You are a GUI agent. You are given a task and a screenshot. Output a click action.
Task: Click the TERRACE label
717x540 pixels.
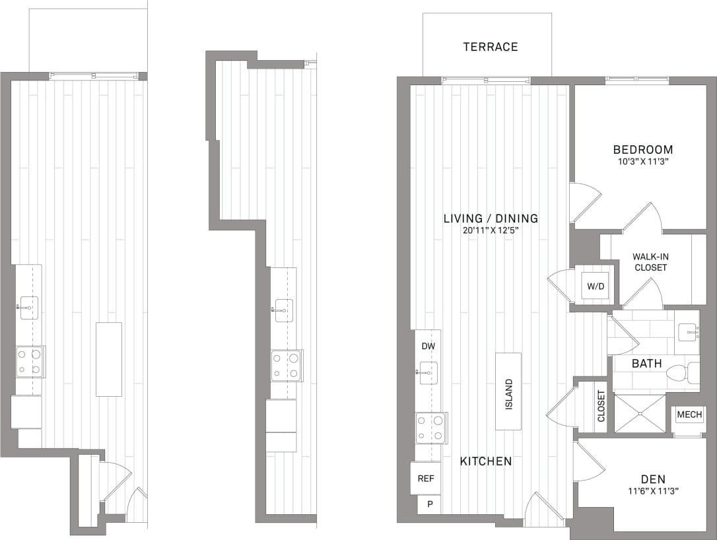pos(490,47)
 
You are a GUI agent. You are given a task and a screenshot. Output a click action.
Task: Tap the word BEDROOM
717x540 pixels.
pos(642,150)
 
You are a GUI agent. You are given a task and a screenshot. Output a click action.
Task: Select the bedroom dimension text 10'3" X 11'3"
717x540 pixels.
pos(642,161)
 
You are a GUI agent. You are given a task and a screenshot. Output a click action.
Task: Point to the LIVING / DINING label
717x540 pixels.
pos(491,219)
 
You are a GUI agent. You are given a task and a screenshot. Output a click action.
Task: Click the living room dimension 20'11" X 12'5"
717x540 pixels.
pos(491,230)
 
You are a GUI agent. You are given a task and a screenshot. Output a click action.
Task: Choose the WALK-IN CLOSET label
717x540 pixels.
pos(649,262)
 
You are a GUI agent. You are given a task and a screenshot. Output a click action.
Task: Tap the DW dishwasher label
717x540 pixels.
pos(428,346)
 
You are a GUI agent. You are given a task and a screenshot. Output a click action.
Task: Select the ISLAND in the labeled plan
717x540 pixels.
pos(508,392)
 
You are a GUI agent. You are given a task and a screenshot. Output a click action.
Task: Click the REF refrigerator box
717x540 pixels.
pos(426,479)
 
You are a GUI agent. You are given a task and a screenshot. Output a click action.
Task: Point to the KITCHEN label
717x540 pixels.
pos(486,461)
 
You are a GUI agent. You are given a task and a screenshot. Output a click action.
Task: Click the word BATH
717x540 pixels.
pos(646,363)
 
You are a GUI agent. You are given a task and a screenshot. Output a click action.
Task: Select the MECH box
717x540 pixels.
pos(689,415)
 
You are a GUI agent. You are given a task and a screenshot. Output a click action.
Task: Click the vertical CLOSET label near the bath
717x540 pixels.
pos(601,406)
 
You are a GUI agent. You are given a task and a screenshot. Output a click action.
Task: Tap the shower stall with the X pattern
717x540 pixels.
pos(640,414)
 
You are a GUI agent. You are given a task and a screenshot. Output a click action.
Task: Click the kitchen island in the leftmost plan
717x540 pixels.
pos(109,359)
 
